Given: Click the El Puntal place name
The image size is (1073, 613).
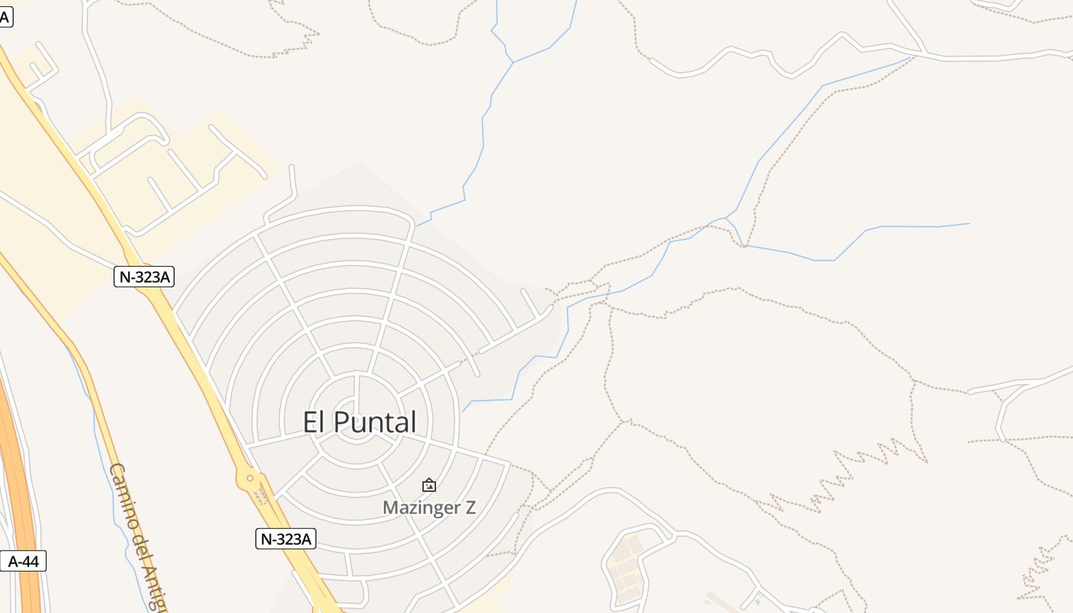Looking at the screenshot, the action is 359,422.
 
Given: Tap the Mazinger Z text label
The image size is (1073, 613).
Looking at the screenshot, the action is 429,507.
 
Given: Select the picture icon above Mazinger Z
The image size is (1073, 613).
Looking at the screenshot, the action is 429,485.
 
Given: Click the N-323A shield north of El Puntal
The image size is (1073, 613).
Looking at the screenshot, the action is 143,277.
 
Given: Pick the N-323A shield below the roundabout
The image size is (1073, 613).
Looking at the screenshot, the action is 286,539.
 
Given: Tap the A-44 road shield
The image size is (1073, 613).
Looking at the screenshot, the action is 23,562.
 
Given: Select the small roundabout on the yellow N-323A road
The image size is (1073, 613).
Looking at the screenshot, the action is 248,479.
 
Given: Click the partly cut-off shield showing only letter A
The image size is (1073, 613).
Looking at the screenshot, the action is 5,17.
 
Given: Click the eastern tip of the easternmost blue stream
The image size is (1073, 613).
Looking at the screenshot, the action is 969,224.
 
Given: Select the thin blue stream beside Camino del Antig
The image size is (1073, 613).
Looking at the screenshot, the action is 97,429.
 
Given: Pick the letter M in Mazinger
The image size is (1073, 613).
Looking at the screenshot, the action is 389,507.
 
